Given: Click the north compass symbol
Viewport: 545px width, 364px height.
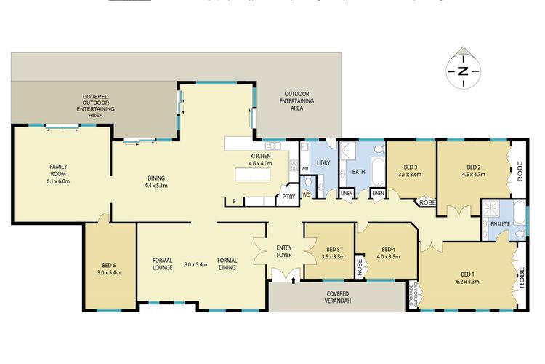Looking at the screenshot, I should pos(462,70).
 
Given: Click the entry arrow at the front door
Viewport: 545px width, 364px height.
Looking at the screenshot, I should pos(293,277).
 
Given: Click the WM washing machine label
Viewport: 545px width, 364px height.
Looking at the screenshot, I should pos(304,169).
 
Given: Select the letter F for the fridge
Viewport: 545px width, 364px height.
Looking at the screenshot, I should pos(234,201).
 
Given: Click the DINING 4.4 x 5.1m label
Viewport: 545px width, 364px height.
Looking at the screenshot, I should pos(156,182).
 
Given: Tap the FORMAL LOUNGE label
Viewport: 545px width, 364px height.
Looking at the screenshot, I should pos(162,264).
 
